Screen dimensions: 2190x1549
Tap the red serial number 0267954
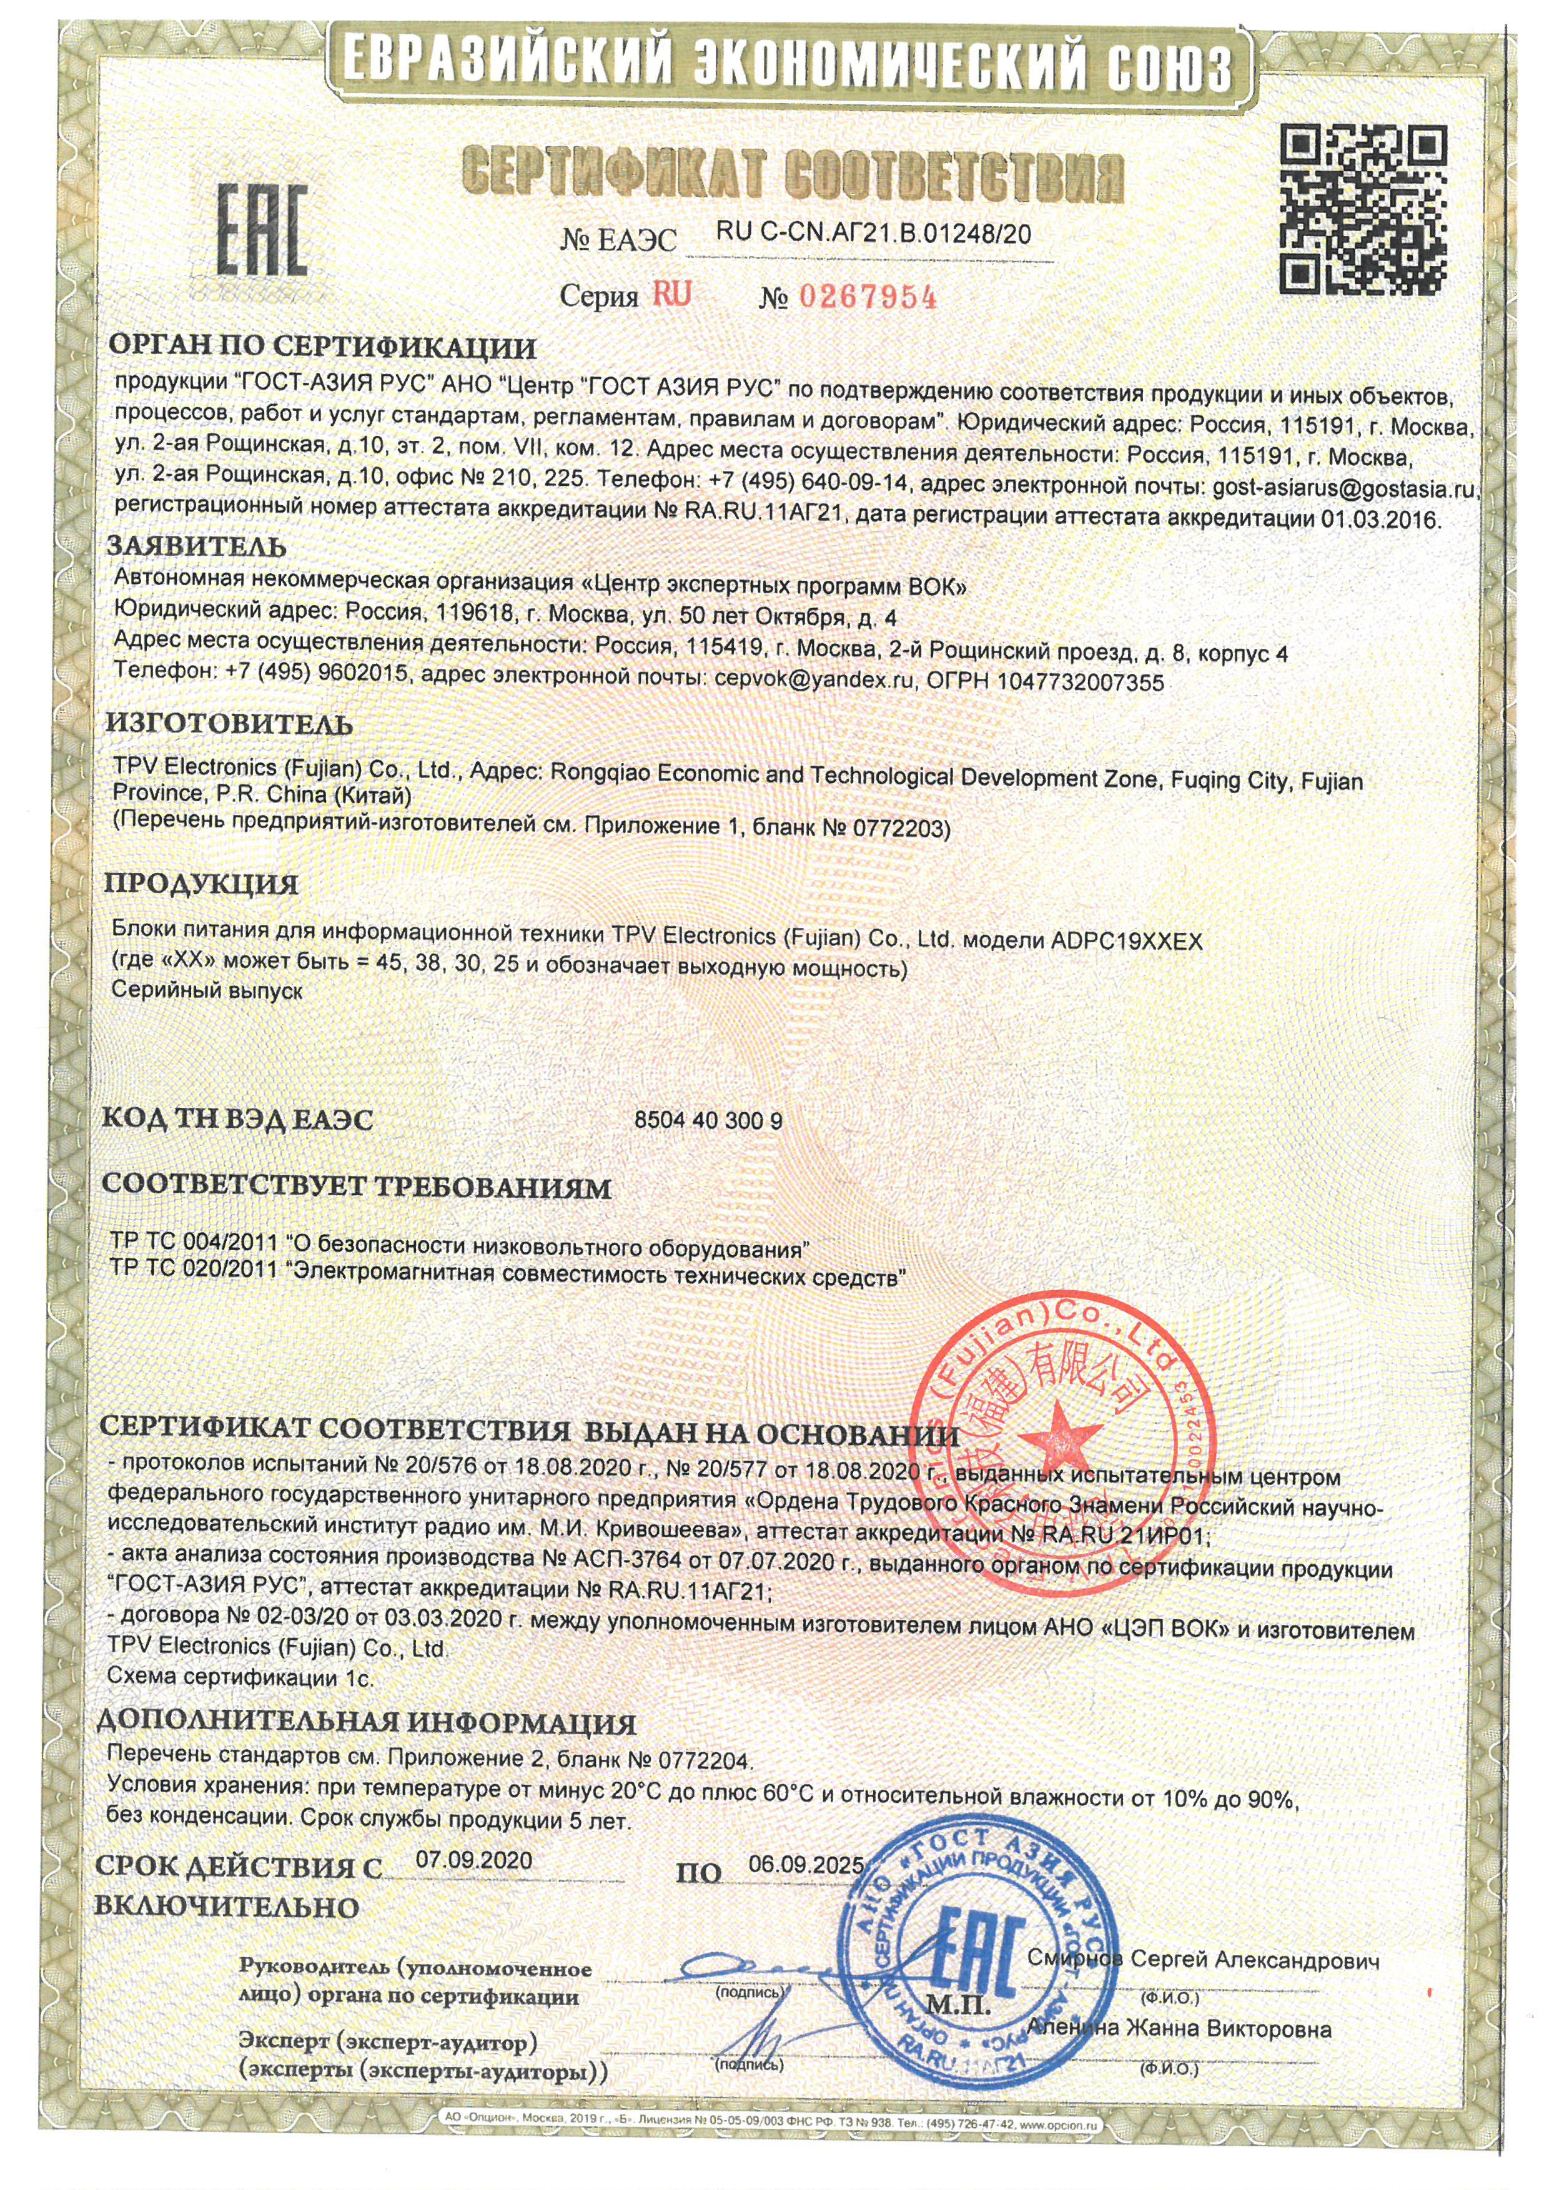click(x=867, y=298)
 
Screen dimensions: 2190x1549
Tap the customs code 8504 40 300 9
click(x=708, y=1121)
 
